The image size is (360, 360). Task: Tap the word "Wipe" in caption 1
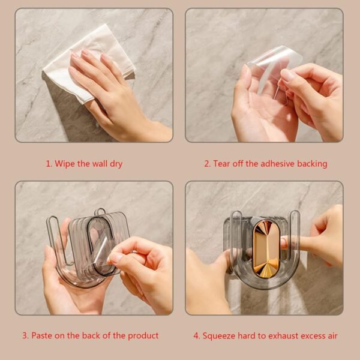(64, 164)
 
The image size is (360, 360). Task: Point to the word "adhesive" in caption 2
(272, 164)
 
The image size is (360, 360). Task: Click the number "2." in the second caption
(208, 164)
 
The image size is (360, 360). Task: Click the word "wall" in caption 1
(97, 164)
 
